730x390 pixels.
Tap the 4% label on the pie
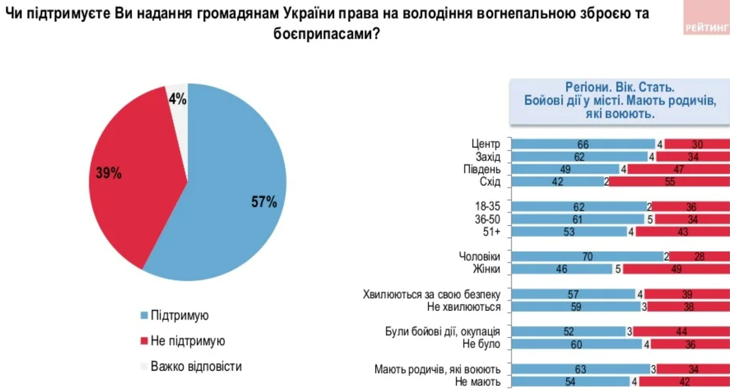pyautogui.click(x=178, y=99)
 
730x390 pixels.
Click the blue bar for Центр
pyautogui.click(x=583, y=144)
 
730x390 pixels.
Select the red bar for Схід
pyautogui.click(x=669, y=182)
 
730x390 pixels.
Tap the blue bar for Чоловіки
pyautogui.click(x=587, y=256)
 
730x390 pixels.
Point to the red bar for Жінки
pyautogui.click(x=676, y=269)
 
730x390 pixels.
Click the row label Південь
pyautogui.click(x=482, y=169)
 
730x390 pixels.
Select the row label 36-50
pyautogui.click(x=487, y=219)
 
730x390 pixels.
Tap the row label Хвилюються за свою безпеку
pyautogui.click(x=431, y=294)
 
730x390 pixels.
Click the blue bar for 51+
pyautogui.click(x=569, y=231)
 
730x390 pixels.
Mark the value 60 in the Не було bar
pyautogui.click(x=576, y=345)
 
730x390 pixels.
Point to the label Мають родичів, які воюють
pyautogui.click(x=437, y=369)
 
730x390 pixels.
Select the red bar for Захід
pyautogui.click(x=693, y=157)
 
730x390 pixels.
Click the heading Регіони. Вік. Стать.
pyautogui.click(x=619, y=87)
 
